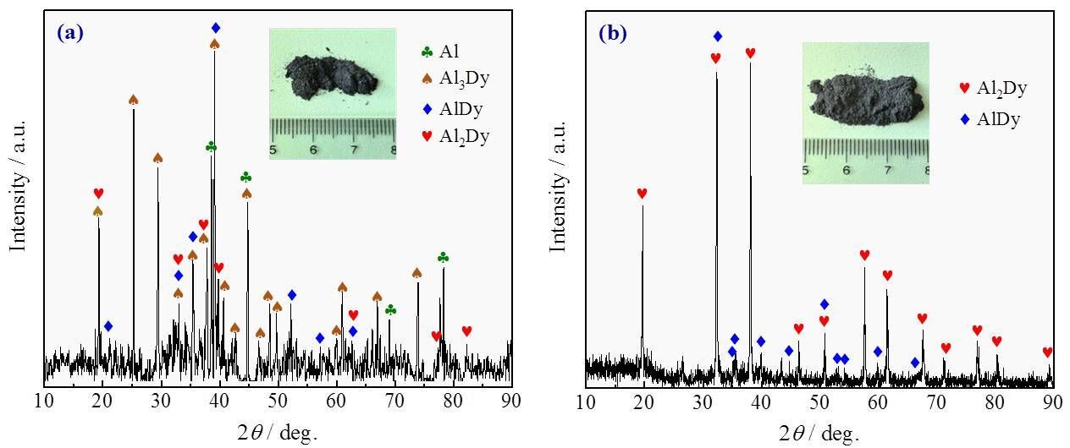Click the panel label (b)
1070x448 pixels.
(612, 34)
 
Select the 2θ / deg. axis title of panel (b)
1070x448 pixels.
(819, 434)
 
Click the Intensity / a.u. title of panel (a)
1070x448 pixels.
(18, 185)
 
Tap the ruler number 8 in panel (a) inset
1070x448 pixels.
(394, 150)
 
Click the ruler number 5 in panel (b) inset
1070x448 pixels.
(806, 170)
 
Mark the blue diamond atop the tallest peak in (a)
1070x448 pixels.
(215, 28)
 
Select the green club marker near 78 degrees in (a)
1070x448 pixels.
(443, 257)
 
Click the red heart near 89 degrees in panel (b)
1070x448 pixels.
(1047, 352)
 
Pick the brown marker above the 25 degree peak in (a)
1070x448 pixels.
(133, 100)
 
